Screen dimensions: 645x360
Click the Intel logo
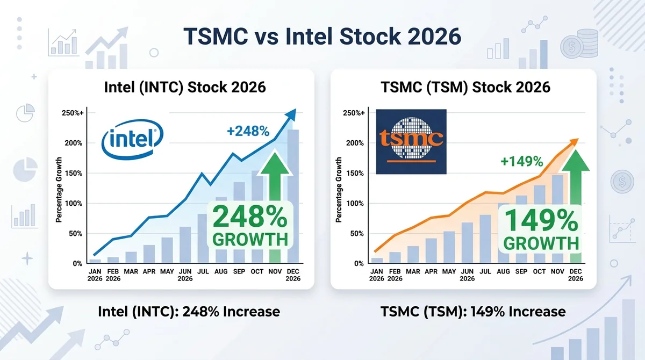point(132,140)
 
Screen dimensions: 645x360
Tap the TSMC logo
point(411,142)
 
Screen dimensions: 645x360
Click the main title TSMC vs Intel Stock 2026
point(322,37)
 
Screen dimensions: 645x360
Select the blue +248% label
point(248,131)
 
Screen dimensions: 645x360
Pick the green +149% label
point(522,161)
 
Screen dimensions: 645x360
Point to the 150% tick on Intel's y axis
point(74,173)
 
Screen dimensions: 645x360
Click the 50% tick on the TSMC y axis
point(357,233)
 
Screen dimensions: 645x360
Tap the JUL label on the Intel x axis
point(203,271)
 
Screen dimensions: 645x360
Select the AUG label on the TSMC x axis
point(503,271)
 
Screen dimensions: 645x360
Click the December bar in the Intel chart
point(293,196)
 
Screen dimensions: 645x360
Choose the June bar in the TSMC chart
point(467,242)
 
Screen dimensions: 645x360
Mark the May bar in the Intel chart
point(167,250)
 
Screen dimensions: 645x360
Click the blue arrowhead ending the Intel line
point(291,114)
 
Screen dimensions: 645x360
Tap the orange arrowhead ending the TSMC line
point(574,142)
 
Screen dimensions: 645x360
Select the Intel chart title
point(185,87)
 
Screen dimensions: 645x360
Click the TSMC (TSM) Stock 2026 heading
point(465,87)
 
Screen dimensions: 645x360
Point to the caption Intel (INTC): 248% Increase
point(189,312)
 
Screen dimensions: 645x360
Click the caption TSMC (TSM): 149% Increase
point(473,312)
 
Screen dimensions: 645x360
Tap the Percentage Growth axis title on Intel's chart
point(59,190)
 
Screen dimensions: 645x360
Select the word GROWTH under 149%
point(541,243)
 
